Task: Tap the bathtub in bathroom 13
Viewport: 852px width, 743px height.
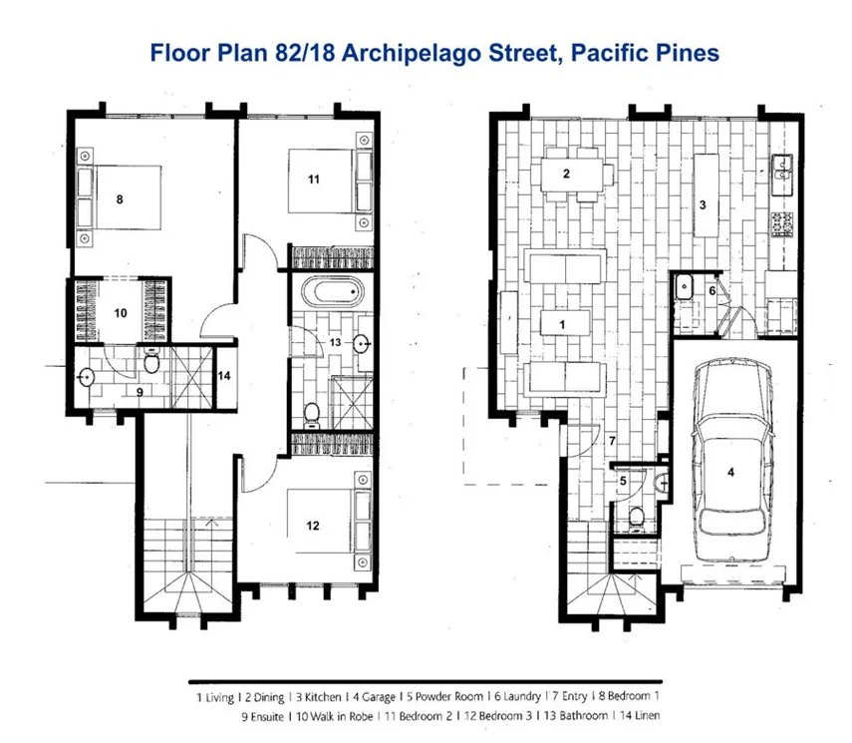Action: pyautogui.click(x=334, y=293)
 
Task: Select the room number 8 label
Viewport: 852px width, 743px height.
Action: pyautogui.click(x=120, y=199)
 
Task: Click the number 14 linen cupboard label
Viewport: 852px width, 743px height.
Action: pyautogui.click(x=224, y=376)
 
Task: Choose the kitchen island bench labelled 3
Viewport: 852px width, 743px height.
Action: pyautogui.click(x=706, y=194)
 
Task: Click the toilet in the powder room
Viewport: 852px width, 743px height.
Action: pyautogui.click(x=636, y=517)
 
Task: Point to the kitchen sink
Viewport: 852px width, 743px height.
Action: pyautogui.click(x=780, y=176)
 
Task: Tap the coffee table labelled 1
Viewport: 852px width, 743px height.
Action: pyautogui.click(x=563, y=324)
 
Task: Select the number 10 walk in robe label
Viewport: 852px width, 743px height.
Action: pyautogui.click(x=120, y=312)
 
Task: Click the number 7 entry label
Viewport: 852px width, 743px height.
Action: pyautogui.click(x=614, y=440)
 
